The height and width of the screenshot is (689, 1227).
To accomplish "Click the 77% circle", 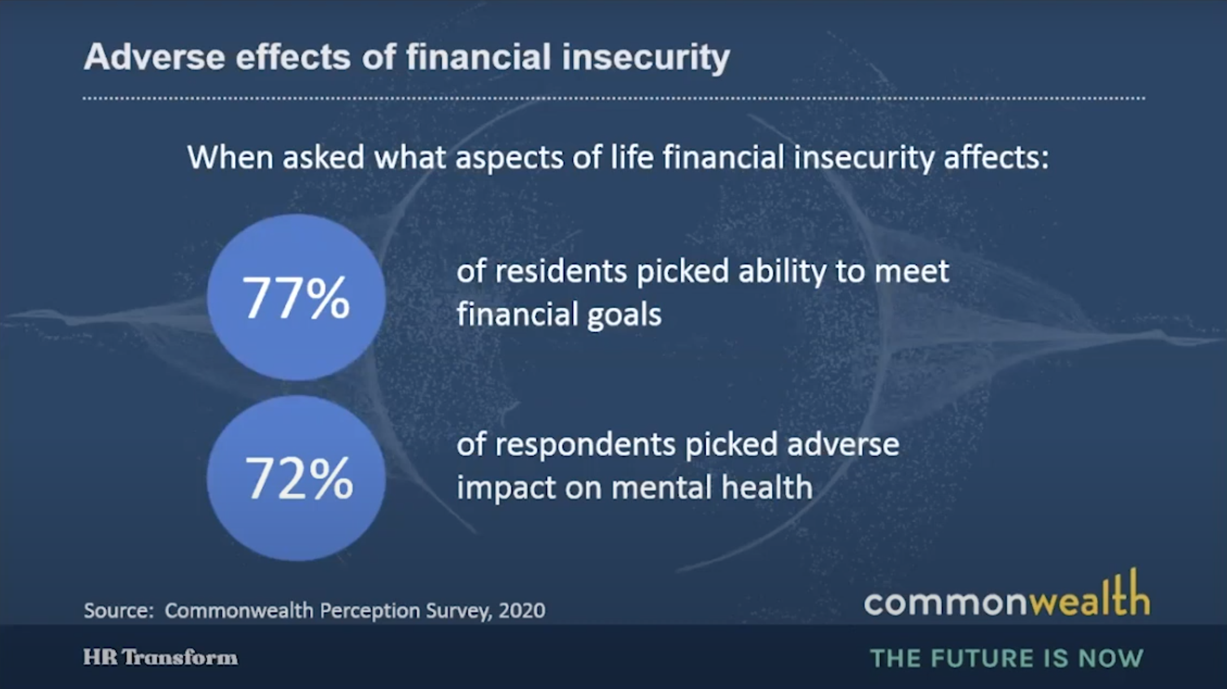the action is (296, 297).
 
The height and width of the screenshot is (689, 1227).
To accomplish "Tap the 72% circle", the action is (296, 478).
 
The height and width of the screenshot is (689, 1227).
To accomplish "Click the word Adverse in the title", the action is (155, 57).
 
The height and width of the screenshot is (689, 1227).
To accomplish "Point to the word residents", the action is (561, 271).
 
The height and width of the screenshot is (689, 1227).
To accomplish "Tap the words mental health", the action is (712, 487).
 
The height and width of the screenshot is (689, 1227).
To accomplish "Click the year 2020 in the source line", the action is (522, 611).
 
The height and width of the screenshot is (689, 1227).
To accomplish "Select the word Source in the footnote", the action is (117, 611).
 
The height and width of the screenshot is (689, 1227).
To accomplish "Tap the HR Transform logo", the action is (160, 658).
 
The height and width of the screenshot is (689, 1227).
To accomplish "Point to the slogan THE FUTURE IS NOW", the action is (1007, 658).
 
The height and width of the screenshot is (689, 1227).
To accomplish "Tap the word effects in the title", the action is (293, 57).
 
